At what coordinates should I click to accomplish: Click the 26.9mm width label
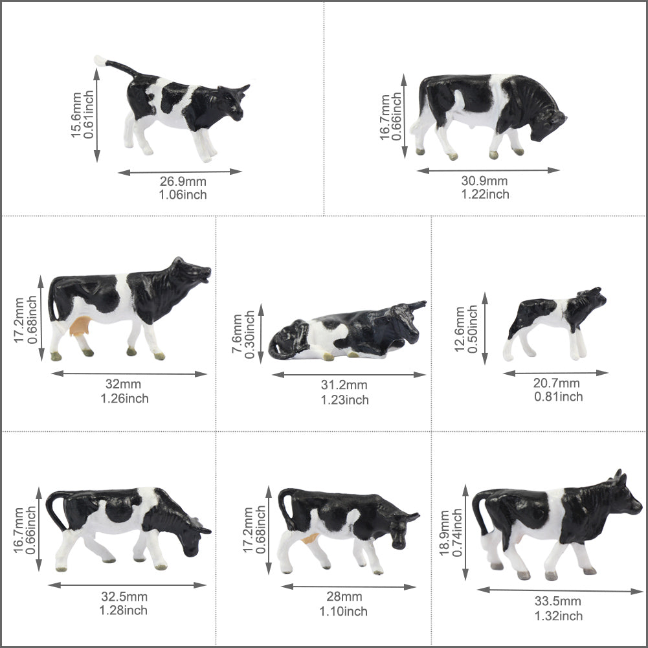183,181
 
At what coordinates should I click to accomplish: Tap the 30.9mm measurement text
484,181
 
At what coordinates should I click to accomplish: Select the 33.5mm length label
557,601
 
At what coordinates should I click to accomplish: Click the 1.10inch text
343,611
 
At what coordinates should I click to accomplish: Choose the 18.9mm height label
444,533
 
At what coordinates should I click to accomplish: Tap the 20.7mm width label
556,383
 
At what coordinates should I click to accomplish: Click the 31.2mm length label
344,385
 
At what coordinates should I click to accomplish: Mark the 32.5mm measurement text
124,596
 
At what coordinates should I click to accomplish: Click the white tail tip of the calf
100,61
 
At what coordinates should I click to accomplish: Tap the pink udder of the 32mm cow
80,325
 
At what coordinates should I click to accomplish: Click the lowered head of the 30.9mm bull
546,122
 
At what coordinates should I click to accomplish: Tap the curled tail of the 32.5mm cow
56,509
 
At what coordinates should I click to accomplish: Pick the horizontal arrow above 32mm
129,374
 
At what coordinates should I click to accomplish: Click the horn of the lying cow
418,305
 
